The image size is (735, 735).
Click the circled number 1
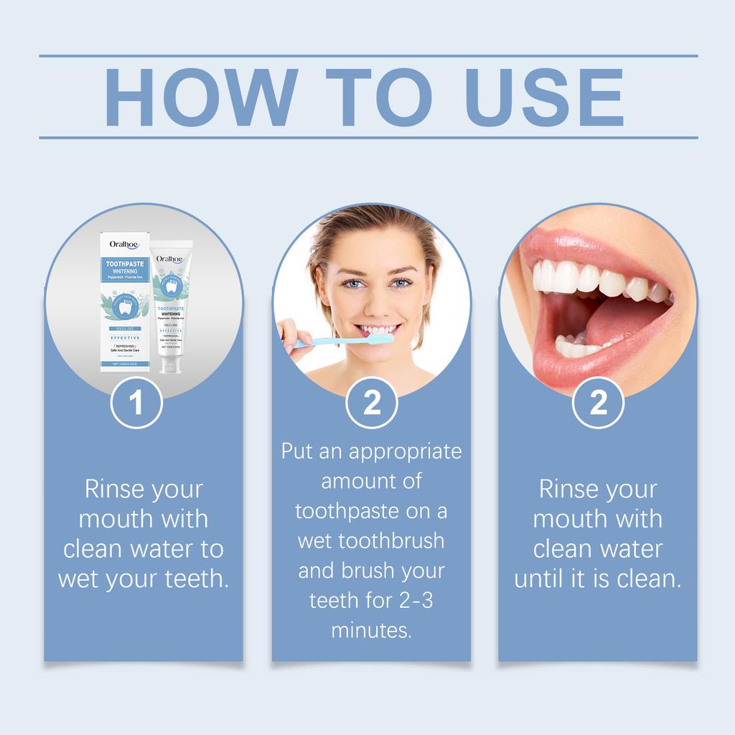pyautogui.click(x=136, y=403)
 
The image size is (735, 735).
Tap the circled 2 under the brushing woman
pyautogui.click(x=372, y=403)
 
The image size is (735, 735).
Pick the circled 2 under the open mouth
pyautogui.click(x=598, y=403)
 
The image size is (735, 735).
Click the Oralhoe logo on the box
pyautogui.click(x=123, y=244)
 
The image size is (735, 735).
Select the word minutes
pyautogui.click(x=371, y=630)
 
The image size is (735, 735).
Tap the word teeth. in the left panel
pyautogui.click(x=195, y=579)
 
